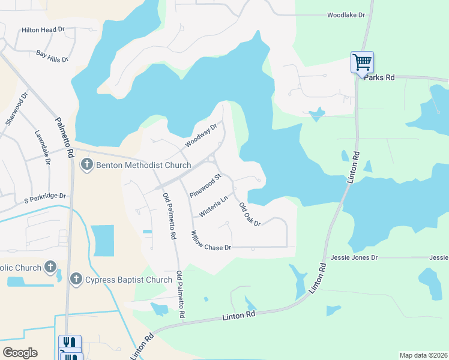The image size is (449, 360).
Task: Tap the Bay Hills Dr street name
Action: click(53, 56)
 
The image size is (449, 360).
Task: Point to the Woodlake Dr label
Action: click(346, 15)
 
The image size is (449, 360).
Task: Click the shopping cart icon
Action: click(362, 61)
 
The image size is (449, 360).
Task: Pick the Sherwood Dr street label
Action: click(17, 108)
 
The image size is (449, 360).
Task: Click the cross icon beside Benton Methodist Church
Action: click(86, 164)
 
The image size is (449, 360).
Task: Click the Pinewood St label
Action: click(206, 186)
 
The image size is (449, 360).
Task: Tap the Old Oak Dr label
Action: click(250, 215)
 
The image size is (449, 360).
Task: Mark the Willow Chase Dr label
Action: click(211, 241)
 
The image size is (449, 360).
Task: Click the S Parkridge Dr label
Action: click(44, 196)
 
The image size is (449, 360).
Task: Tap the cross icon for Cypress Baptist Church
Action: click(76, 279)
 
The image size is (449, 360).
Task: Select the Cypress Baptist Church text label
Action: click(129, 280)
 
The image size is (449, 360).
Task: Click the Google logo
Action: click(20, 353)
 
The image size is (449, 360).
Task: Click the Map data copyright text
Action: click(423, 355)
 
